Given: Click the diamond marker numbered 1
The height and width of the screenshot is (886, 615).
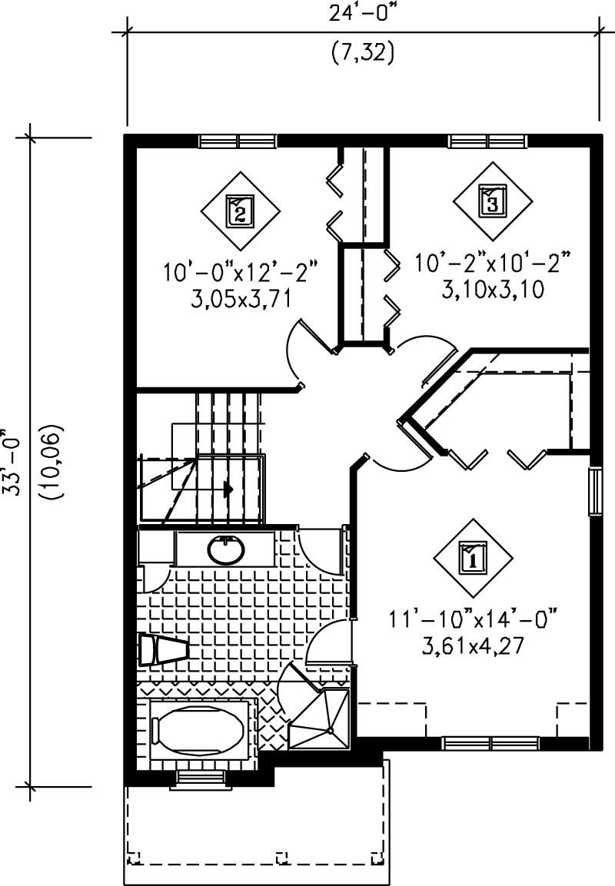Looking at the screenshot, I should click(472, 556).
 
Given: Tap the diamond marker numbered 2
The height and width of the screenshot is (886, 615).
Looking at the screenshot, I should click(239, 210).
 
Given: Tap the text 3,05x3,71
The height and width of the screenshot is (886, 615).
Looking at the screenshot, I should click(240, 297).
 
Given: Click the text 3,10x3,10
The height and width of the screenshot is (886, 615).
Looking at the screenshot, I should click(492, 288).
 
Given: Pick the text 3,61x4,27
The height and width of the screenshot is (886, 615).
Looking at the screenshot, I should click(472, 645).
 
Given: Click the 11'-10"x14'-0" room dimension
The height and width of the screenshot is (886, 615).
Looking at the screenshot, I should click(472, 617).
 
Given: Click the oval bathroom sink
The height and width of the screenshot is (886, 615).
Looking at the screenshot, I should click(226, 549).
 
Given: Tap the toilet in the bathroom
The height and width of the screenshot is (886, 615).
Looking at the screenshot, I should click(161, 650).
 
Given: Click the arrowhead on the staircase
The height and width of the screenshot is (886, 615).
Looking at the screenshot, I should click(228, 488).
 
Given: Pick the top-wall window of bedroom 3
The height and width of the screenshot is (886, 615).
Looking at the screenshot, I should click(487, 141).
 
